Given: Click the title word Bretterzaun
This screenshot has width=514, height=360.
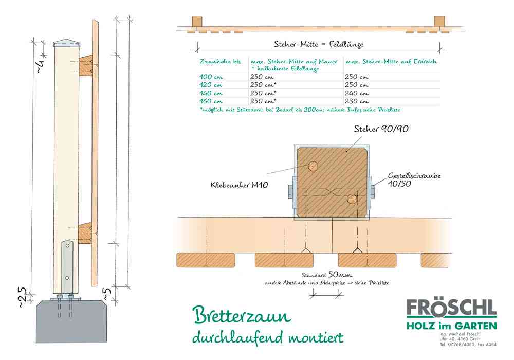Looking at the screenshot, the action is coord(242,315).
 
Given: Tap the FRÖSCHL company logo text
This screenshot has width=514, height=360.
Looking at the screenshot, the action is coord(452,308).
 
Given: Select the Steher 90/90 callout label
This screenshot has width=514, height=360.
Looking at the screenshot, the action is coord(381,129).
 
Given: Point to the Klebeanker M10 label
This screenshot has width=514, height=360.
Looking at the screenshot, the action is coord(240,185).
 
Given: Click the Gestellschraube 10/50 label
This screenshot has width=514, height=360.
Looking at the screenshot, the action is coord(414,179).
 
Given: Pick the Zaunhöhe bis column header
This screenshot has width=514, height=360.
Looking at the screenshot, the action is coord(220,61).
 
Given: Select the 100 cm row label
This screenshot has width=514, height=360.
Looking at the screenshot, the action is coord(211,77).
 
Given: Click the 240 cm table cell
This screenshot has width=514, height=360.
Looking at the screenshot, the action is coord(356,93).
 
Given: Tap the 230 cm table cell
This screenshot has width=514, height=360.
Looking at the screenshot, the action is coord(356,101).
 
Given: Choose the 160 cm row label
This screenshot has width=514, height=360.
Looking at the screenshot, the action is coord(211,101).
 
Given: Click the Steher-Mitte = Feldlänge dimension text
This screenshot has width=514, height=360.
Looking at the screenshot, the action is coord(319,44).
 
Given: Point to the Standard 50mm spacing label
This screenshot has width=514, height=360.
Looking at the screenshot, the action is coord(327,275).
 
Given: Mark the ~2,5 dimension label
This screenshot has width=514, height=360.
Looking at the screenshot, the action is coord(22,298).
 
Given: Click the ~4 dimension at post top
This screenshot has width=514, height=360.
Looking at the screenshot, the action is coord(40,66).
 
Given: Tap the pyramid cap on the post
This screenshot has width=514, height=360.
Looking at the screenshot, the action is coord(67,43).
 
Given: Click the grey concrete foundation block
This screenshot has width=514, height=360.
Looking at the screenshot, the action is coord(71,321).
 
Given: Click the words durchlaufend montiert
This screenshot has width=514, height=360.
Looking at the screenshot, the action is coord(268,337).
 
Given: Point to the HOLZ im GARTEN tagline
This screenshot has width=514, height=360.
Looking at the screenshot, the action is coord(452,326).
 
